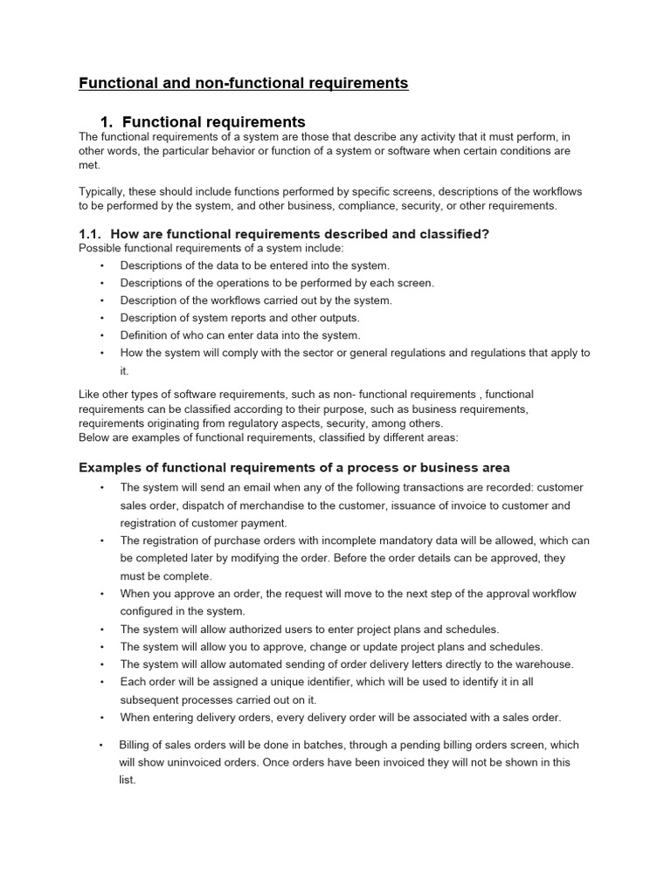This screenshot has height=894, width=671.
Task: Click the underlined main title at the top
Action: [244, 84]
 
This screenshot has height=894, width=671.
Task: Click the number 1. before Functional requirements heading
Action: [108, 122]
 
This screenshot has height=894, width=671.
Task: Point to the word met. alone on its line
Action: [89, 165]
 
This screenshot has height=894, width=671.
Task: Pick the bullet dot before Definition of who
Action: [102, 335]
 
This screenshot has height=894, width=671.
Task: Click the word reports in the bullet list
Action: [254, 318]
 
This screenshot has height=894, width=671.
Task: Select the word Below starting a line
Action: [94, 437]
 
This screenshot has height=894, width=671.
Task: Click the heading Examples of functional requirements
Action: [294, 468]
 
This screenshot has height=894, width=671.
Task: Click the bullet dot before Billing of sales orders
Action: [102, 746]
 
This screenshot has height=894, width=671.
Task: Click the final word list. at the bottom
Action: [128, 780]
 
